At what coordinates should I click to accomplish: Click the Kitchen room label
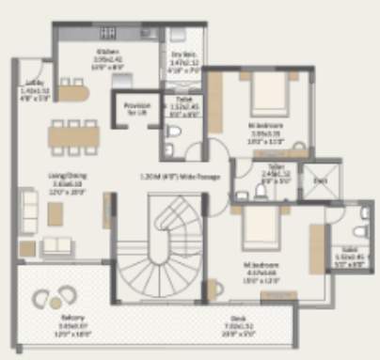pos(105,53)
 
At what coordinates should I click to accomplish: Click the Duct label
pos(322,180)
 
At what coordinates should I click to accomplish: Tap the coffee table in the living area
pos(55,213)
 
